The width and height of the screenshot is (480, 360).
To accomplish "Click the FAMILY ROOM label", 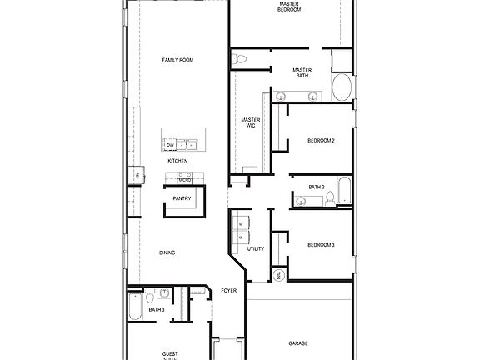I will click(x=177, y=60).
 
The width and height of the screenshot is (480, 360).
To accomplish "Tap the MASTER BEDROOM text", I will click(x=289, y=7).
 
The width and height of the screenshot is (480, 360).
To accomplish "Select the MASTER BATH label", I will click(x=301, y=73).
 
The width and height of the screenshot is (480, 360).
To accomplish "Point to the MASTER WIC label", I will click(x=251, y=122).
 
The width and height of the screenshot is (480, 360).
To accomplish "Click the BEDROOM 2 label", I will click(x=321, y=141).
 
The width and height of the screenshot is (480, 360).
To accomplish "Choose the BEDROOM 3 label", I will click(x=321, y=244).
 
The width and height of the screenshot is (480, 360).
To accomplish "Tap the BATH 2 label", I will click(x=317, y=187).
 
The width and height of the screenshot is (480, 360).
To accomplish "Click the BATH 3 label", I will click(x=157, y=310).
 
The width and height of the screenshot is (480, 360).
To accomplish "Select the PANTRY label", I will click(x=182, y=198).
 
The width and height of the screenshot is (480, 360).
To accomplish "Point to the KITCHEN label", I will click(x=177, y=161).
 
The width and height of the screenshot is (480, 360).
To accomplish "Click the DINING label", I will click(x=167, y=252).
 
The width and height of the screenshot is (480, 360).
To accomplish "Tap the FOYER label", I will click(x=228, y=291).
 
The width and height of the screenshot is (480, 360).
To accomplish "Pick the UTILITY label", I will click(x=256, y=248).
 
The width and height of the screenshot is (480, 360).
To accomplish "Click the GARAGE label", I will click(x=298, y=342).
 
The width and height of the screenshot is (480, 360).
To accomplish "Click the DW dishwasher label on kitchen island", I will click(x=170, y=145).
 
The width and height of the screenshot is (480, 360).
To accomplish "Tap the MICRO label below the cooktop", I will click(x=184, y=180).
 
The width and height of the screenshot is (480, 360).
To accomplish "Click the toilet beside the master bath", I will click(x=241, y=58).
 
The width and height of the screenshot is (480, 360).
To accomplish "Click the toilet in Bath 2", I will click(x=330, y=197).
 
